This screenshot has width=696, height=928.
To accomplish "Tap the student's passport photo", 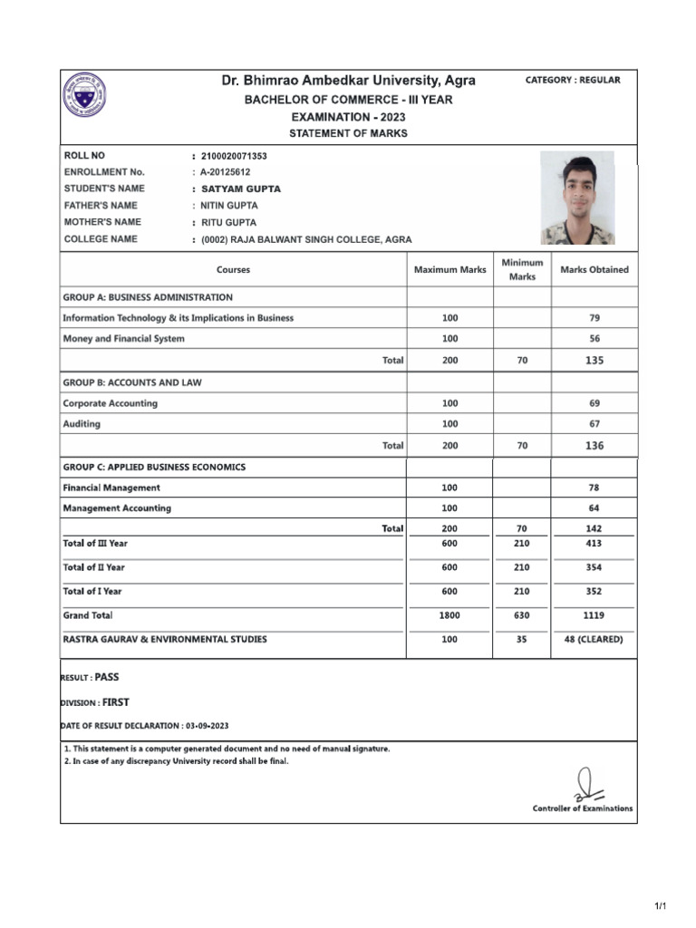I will click(577, 198).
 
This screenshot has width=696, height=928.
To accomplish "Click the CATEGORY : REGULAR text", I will click(573, 81).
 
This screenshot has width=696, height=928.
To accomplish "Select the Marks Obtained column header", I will click(594, 270).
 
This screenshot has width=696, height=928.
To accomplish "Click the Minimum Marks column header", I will click(522, 269).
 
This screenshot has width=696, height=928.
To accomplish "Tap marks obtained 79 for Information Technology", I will click(594, 318).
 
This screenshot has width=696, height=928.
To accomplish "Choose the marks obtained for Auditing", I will click(594, 424).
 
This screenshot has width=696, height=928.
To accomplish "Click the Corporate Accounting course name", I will click(110, 403).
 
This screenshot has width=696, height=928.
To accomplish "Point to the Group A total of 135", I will click(594, 361).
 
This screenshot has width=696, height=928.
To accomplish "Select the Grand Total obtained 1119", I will click(594, 615).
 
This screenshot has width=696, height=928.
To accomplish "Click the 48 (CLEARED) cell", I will click(594, 639).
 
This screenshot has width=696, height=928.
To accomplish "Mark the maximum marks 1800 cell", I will click(449, 615).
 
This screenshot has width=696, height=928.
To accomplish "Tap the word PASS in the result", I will click(107, 677).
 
